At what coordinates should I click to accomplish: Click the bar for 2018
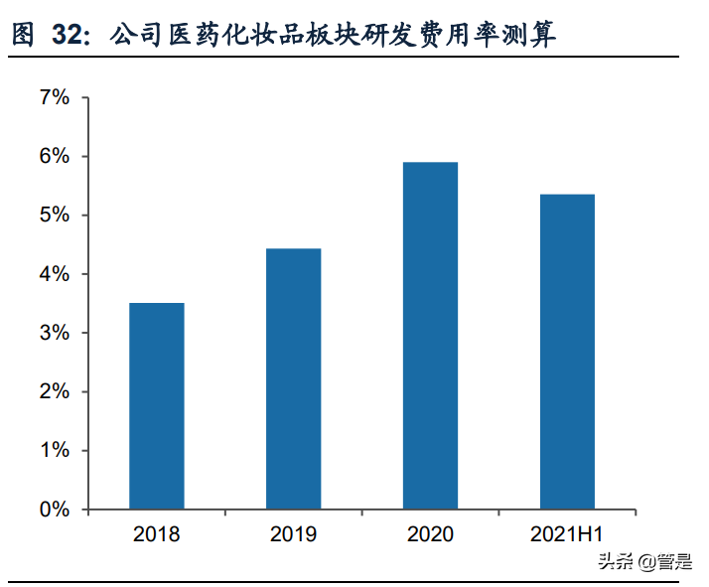tap(156, 406)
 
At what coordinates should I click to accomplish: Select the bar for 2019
tap(293, 378)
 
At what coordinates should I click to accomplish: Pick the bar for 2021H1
tap(567, 352)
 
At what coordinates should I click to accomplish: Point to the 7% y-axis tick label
tap(55, 97)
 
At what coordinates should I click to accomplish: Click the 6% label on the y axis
tap(55, 156)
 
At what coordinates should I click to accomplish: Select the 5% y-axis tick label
tap(55, 216)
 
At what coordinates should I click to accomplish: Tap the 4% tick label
tap(55, 274)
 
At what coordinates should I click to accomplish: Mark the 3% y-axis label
tap(55, 333)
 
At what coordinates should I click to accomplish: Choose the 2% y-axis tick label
tap(55, 391)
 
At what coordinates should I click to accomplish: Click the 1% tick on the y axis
tap(55, 451)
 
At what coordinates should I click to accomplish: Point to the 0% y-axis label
tap(55, 510)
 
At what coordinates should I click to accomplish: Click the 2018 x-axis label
tap(156, 535)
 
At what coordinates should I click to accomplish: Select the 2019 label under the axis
tap(293, 535)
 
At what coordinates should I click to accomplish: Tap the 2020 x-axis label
tap(430, 535)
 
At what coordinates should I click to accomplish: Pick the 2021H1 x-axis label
tap(567, 535)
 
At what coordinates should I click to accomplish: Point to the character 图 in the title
tap(22, 37)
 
